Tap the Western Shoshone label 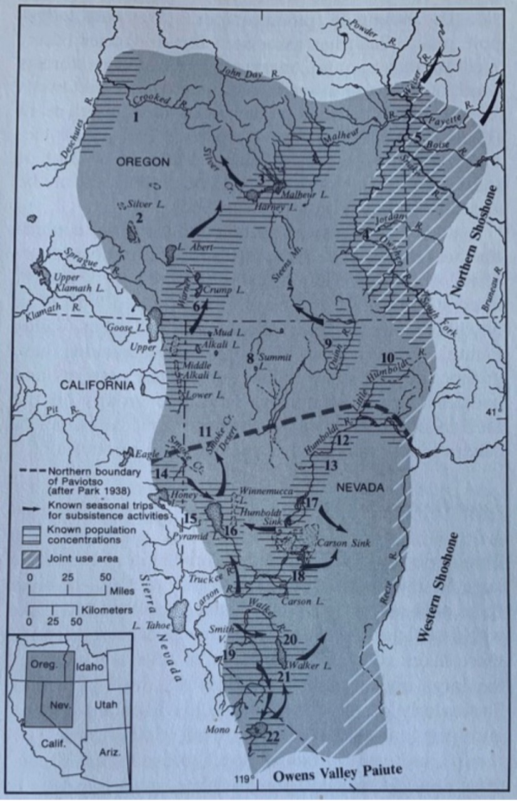(x=433, y=587)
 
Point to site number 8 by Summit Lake (x=250, y=359)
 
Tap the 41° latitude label (x=494, y=411)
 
